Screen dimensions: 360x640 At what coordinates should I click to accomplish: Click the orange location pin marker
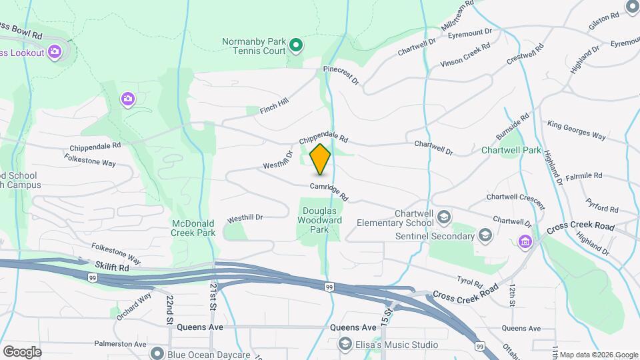coord(321,159)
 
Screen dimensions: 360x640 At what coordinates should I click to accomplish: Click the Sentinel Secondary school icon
coord(485,235)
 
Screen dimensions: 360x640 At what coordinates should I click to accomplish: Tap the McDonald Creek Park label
coord(193,228)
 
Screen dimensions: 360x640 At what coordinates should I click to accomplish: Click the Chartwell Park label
coord(511,150)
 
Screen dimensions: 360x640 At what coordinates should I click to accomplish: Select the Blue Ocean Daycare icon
coord(157,353)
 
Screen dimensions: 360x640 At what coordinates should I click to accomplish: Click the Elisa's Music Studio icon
coord(345,344)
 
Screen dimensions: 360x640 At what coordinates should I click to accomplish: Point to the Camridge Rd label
coord(329,191)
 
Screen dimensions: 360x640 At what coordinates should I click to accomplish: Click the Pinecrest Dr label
coord(341,75)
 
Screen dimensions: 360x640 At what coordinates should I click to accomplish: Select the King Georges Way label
coord(576,130)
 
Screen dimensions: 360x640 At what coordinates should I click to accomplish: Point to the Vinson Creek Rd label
coord(465,55)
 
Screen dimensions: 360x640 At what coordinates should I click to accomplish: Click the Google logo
coord(21,351)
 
